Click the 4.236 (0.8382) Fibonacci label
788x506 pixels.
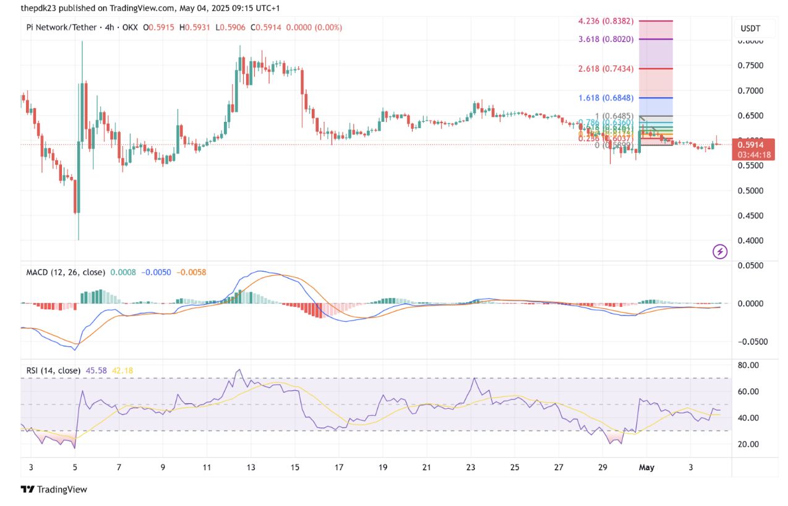(x=606, y=20)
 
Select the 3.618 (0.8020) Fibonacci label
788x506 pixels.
(x=606, y=39)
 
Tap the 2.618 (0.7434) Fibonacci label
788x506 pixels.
(x=606, y=69)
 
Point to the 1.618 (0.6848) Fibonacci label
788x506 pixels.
(x=606, y=98)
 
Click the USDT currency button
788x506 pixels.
(x=750, y=28)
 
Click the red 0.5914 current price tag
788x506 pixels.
(x=753, y=145)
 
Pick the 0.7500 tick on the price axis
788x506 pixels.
(x=750, y=66)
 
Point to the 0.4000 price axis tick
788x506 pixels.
(x=750, y=241)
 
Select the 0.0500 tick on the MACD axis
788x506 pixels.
(x=751, y=265)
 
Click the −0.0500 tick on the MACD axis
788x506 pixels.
(x=750, y=341)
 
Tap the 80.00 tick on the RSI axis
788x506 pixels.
(x=748, y=365)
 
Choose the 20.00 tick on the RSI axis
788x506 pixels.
(x=748, y=444)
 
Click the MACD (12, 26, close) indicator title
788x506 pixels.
(x=65, y=272)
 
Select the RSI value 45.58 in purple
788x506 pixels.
(x=96, y=371)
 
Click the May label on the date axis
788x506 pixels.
(x=647, y=468)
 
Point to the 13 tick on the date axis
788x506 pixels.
(x=251, y=468)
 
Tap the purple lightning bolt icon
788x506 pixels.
(x=720, y=252)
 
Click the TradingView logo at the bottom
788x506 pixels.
(x=54, y=489)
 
